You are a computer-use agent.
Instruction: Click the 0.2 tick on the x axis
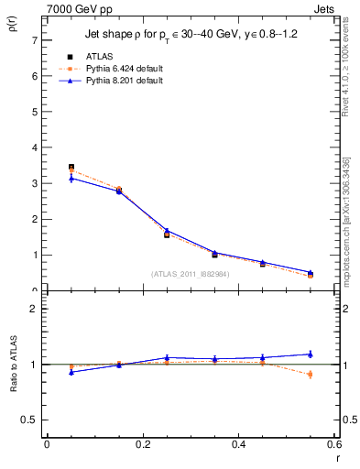[143, 444]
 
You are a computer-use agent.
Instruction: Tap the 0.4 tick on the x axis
[238, 444]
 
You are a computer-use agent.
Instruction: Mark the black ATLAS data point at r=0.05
[71, 168]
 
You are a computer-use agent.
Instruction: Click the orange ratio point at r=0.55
[310, 374]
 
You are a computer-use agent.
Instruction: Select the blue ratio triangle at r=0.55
[310, 354]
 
